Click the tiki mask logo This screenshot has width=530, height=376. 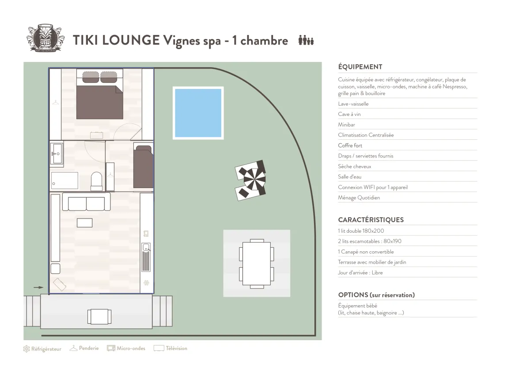[x=44, y=38]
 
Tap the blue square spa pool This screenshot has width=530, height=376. [x=198, y=113]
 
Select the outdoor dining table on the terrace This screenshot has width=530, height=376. [x=257, y=263]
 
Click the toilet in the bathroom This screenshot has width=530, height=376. [x=96, y=181]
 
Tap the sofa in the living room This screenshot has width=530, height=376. [x=87, y=202]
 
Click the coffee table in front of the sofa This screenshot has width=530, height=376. [x=84, y=223]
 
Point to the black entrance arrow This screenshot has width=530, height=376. [x=38, y=288]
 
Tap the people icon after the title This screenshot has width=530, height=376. [x=306, y=40]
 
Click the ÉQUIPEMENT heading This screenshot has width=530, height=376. [x=360, y=67]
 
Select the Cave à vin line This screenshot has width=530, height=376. [x=349, y=114]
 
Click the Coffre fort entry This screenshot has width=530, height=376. [x=350, y=146]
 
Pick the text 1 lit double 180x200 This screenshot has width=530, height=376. [x=361, y=231]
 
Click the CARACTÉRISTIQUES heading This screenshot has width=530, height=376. [x=371, y=220]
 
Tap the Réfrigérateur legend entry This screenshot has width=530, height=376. [x=42, y=349]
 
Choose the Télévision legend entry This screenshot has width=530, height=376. [x=170, y=349]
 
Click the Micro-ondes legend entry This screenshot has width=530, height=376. [x=126, y=349]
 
